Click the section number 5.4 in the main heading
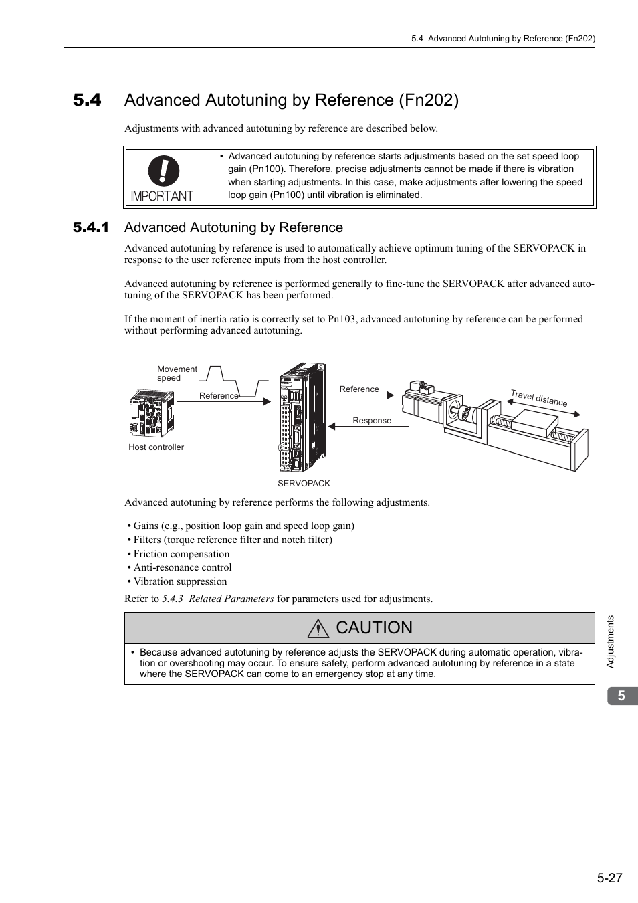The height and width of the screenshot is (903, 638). point(88,100)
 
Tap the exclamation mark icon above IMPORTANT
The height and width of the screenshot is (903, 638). point(164,171)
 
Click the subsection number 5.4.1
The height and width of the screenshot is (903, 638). point(91,228)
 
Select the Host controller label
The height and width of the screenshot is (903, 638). point(156,447)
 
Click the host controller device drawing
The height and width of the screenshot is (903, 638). point(151,413)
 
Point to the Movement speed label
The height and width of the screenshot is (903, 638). point(177,373)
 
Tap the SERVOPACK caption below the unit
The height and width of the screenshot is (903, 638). point(304,484)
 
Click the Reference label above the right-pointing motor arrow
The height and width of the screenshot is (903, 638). point(359,389)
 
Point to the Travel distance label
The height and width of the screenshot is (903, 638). point(539,399)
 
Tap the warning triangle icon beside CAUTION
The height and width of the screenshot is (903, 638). point(319,629)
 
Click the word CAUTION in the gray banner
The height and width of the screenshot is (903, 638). point(375,627)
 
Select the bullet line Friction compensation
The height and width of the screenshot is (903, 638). point(181,554)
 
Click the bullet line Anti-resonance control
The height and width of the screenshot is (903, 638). point(182,567)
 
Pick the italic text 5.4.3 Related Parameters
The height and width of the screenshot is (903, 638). point(217,599)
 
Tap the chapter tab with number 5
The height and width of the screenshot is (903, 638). point(622,696)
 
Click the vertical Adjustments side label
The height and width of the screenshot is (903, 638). point(610,641)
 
